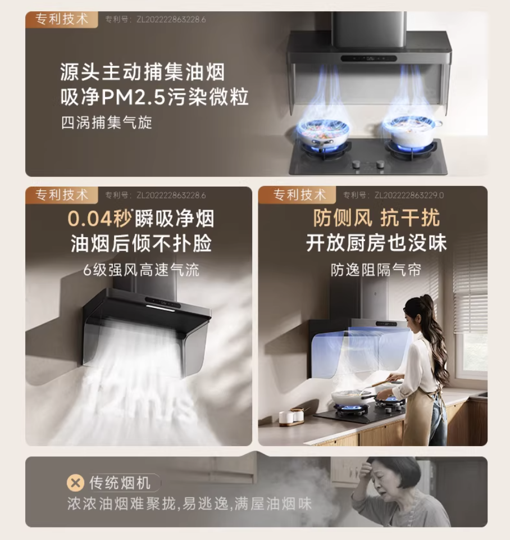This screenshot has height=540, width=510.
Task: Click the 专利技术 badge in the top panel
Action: pyautogui.click(x=62, y=19)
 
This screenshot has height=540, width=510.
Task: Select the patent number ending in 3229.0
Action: pyautogui.click(x=393, y=196)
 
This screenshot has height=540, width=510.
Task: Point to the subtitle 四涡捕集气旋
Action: pyautogui.click(x=107, y=122)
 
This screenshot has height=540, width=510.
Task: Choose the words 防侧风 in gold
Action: pyautogui.click(x=343, y=218)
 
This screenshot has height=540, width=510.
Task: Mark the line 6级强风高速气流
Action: pyautogui.click(x=142, y=270)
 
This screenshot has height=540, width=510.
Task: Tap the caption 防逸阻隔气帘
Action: pyautogui.click(x=376, y=270)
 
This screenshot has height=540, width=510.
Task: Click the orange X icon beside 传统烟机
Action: pyautogui.click(x=75, y=483)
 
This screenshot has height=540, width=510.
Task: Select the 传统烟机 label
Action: pyautogui.click(x=120, y=483)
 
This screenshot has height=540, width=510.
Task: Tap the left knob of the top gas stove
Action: pyautogui.click(x=357, y=164)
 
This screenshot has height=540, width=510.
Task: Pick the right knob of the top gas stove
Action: pyautogui.click(x=380, y=164)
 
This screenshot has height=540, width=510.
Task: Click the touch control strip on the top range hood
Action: pyautogui.click(x=369, y=58)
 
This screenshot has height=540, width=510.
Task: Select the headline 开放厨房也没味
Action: pyautogui.click(x=376, y=243)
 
